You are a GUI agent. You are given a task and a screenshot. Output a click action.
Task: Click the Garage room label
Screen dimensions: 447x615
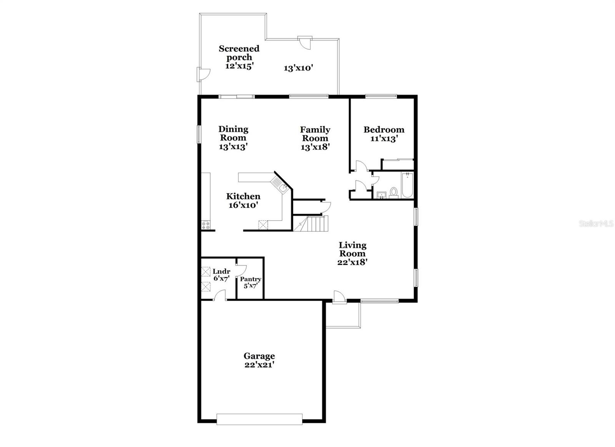tap(259, 356)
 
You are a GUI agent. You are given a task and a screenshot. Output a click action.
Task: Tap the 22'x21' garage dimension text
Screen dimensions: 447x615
tap(259, 365)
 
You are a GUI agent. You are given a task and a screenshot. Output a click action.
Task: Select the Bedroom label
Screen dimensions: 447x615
tap(384, 130)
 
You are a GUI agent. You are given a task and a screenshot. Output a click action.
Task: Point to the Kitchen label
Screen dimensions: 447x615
tap(243, 196)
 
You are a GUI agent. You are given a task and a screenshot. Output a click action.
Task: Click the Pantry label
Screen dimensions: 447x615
tap(251, 279)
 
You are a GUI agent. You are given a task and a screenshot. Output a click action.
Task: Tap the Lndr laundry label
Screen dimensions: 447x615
tap(221, 271)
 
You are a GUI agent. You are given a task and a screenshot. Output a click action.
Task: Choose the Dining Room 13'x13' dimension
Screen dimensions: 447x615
tap(233, 146)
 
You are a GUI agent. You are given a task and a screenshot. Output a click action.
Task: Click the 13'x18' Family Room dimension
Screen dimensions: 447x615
tap(315, 147)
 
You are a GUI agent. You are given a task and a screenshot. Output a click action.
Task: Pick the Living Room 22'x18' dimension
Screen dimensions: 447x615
tap(352, 262)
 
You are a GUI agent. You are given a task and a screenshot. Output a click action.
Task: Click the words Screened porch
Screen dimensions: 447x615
tap(239, 53)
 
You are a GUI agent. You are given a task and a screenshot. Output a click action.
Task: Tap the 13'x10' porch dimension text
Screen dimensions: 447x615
tap(299, 68)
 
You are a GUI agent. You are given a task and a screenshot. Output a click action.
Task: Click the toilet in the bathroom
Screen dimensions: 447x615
tap(394, 192)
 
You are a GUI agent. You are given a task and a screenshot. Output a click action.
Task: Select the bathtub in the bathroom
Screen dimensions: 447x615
tap(407, 185)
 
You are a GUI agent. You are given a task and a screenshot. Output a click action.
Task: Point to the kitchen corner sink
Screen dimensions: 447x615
tap(283, 188)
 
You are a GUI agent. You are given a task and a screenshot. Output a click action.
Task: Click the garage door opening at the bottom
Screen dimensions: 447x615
tap(259, 419)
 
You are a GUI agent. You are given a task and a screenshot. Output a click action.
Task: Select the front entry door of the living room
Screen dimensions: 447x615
tap(339, 297)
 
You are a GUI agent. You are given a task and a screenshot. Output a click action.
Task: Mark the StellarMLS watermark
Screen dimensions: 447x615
tap(596, 223)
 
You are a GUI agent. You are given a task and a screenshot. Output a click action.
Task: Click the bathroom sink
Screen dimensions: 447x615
tap(381, 194)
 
